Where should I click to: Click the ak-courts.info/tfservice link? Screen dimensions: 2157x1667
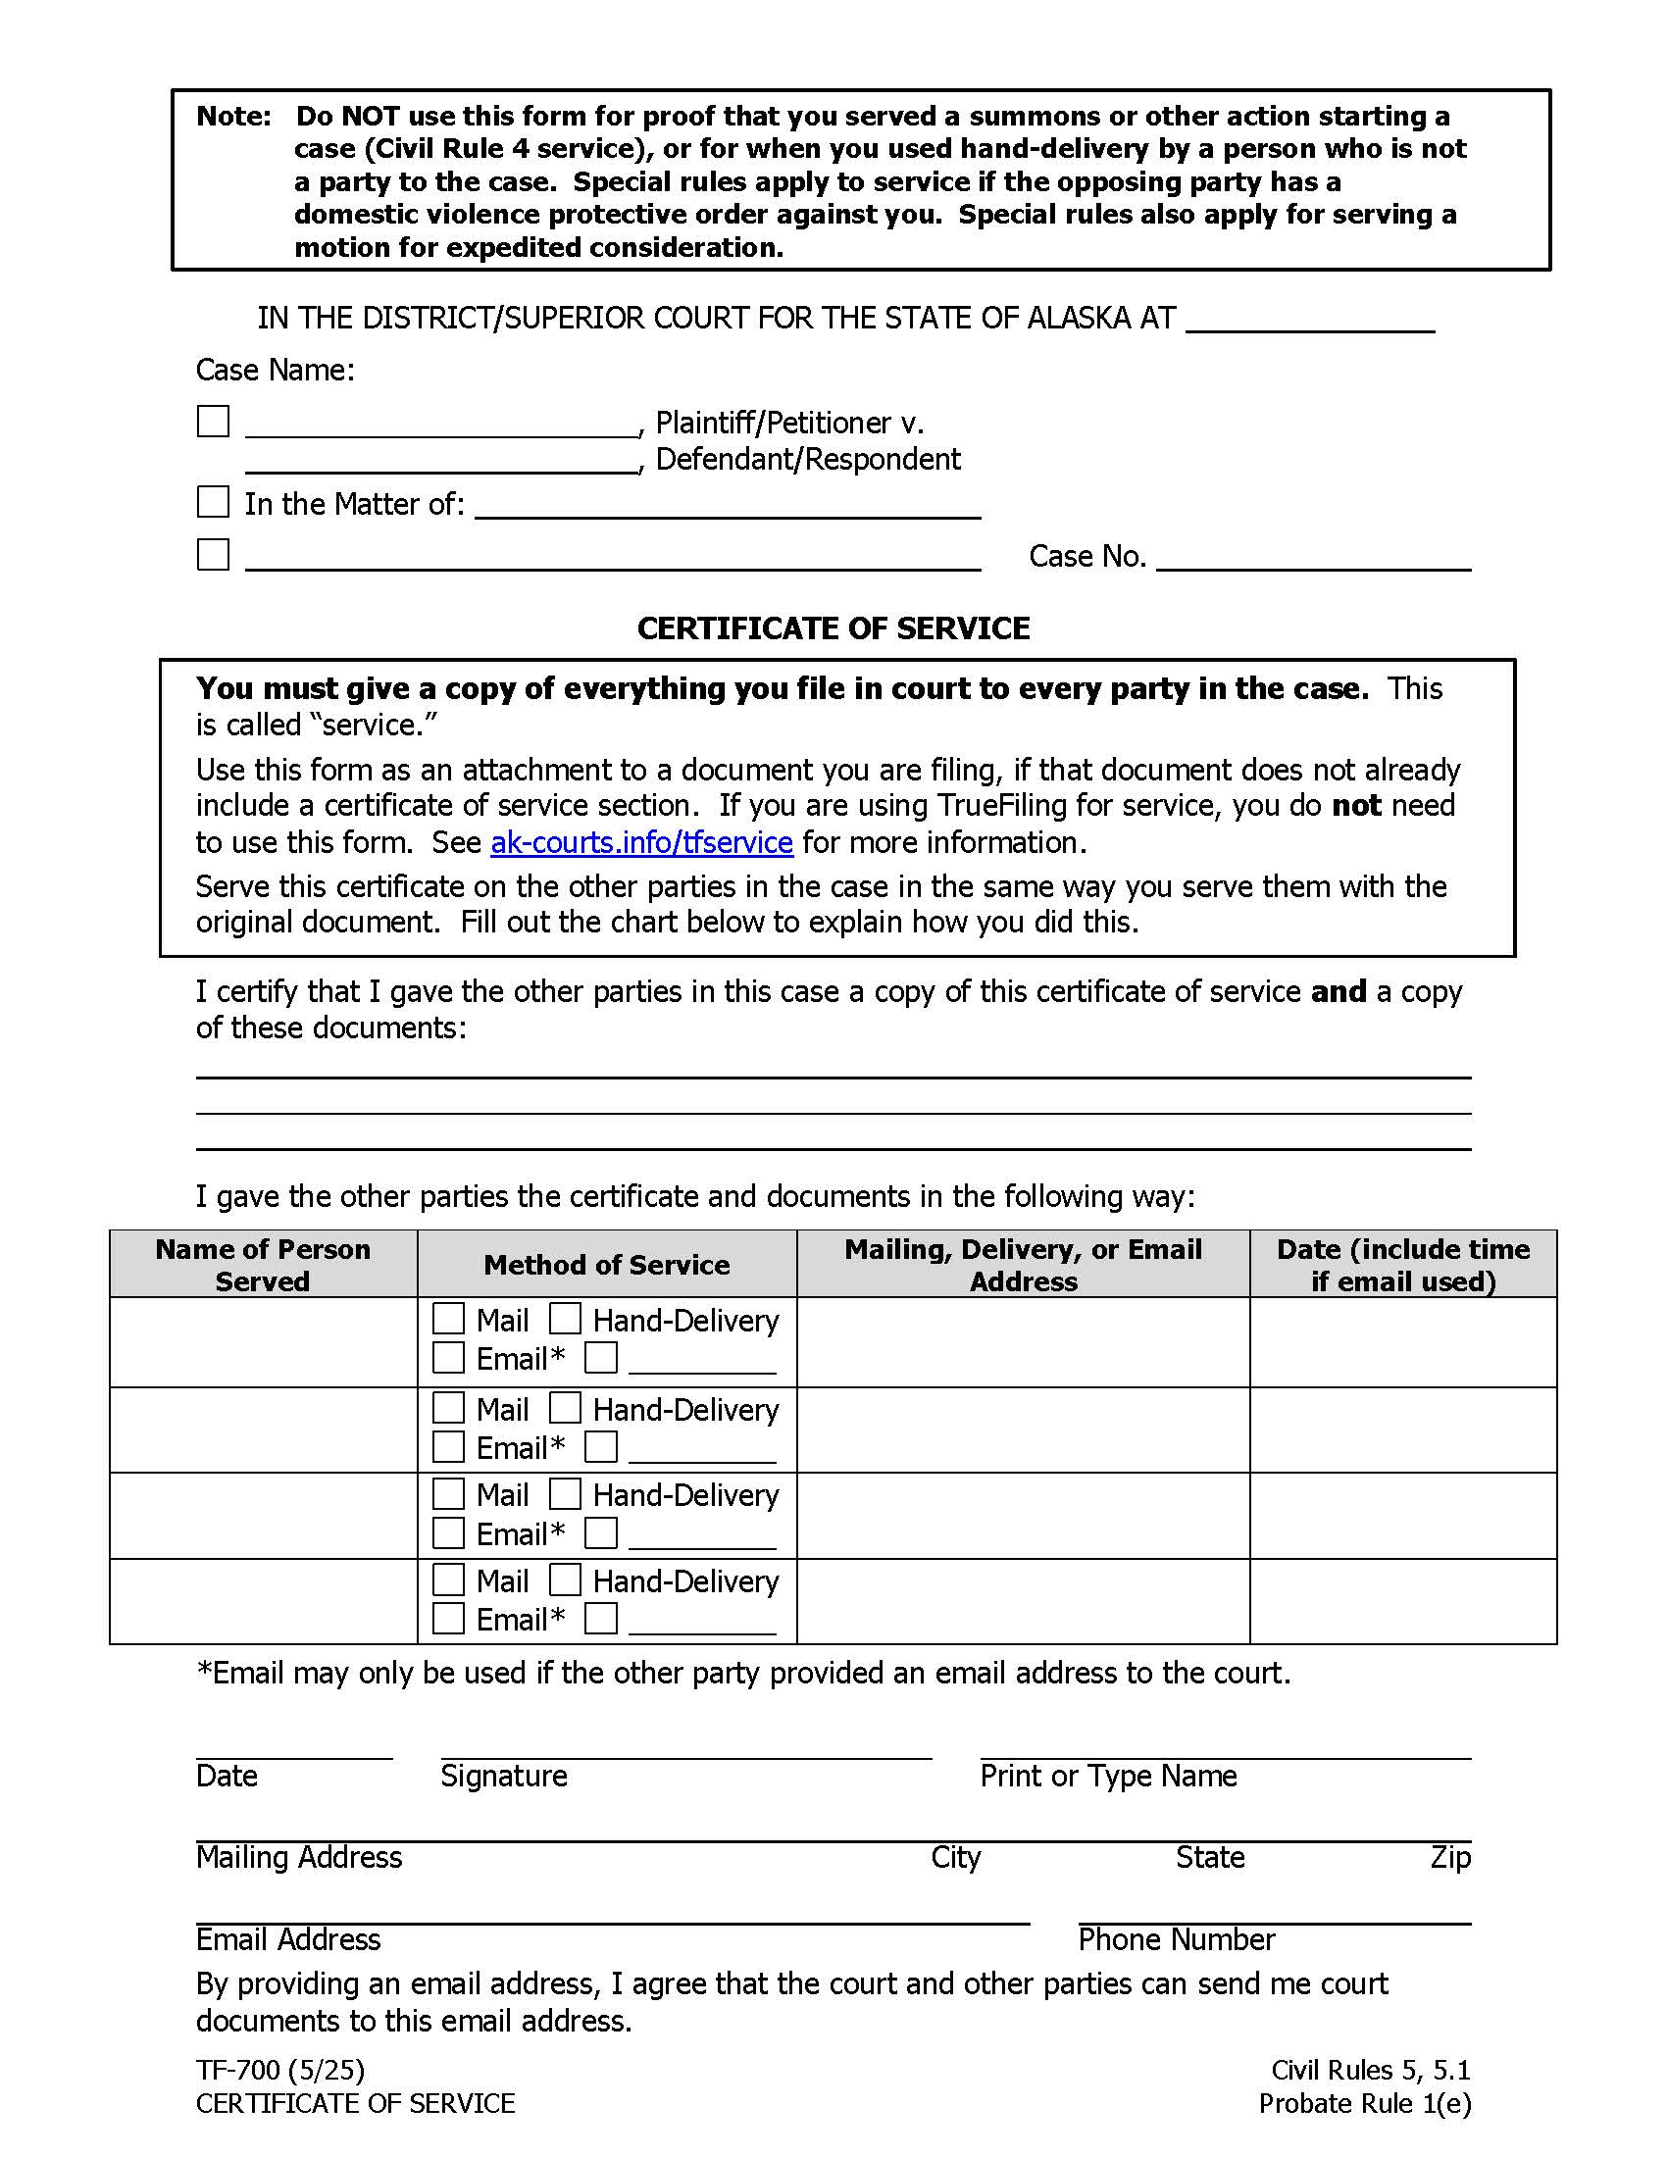coord(641,842)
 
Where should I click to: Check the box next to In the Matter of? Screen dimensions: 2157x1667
coord(214,502)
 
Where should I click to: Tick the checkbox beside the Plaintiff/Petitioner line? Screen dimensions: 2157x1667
coord(214,422)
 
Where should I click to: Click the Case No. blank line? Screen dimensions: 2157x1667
coord(1312,559)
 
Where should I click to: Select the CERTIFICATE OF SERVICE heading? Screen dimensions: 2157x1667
coord(833,628)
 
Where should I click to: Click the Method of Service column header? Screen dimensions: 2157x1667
coord(606,1264)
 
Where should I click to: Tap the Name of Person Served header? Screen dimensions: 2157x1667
coord(263,1264)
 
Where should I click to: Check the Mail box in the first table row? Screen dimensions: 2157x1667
coord(448,1319)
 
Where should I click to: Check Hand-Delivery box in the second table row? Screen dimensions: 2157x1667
coord(565,1407)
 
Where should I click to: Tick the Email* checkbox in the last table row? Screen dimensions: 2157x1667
coord(448,1618)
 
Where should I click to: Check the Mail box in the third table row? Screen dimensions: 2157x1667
coord(448,1493)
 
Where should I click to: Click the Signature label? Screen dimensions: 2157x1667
coord(504,1776)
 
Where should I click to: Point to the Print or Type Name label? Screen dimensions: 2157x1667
coord(1108,1776)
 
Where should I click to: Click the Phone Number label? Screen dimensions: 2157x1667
coord(1176,1939)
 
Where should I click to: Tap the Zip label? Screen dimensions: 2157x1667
coord(1449,1858)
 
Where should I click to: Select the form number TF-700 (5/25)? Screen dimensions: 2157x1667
coord(280,2070)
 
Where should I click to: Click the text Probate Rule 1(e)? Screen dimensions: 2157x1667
coord(1365,2104)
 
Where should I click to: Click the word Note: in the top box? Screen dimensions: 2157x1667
coord(234,117)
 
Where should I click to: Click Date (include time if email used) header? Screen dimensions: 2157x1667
coord(1402,1264)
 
